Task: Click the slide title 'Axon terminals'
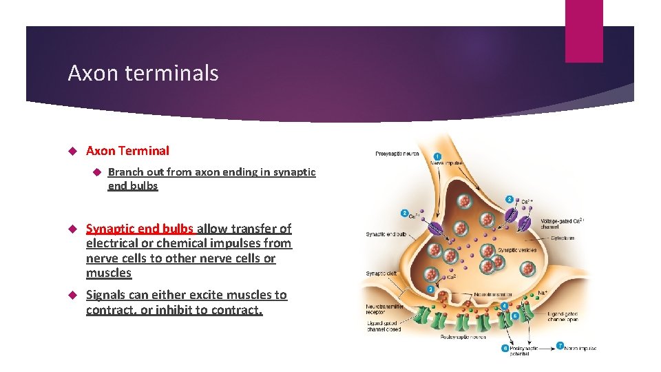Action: [143, 74]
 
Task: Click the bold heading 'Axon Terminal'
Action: [127, 151]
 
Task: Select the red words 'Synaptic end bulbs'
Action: [140, 229]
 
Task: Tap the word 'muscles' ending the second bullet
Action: [109, 273]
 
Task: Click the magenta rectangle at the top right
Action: [584, 31]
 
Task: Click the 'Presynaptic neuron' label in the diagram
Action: [397, 154]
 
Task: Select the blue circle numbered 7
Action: [560, 346]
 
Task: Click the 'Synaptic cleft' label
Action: [381, 273]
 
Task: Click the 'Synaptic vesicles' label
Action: [516, 250]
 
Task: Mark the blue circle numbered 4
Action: [505, 305]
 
